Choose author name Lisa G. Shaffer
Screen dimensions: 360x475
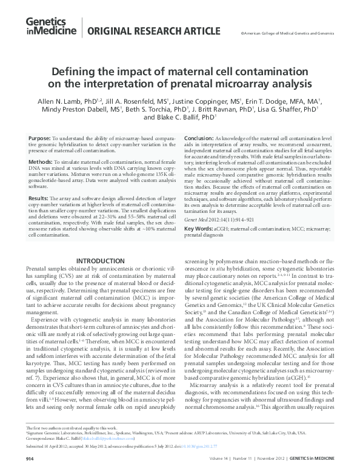[293, 109]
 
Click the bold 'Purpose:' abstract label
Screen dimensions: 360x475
[40, 139]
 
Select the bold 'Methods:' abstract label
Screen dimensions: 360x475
[41, 163]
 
